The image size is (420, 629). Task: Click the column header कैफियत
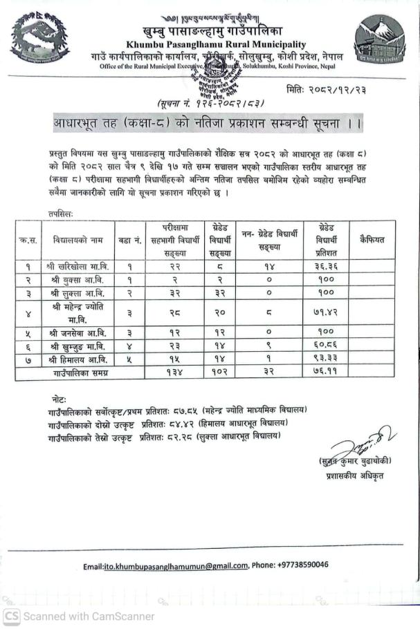[372, 240]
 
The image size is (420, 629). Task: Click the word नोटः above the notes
[60, 400]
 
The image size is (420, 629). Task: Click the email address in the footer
[165, 565]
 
